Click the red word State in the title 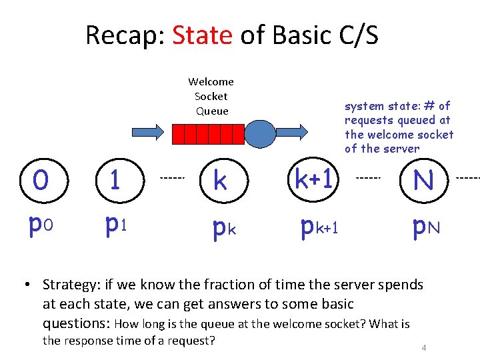[202, 35]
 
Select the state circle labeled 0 [41, 179]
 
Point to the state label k [219, 179]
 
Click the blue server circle [260, 135]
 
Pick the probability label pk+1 [319, 227]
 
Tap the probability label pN [425, 227]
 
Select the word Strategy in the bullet [69, 285]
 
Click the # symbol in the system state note [429, 105]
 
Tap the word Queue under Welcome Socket [212, 111]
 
